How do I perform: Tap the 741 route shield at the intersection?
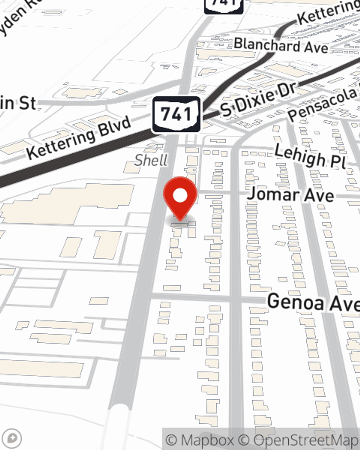[176, 114]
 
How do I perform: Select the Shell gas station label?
[151, 160]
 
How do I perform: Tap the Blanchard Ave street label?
[281, 46]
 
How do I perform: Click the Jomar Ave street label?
[291, 195]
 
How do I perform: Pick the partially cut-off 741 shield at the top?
[224, 5]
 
